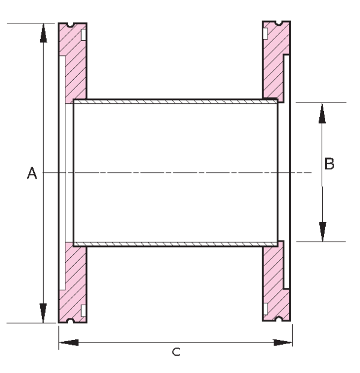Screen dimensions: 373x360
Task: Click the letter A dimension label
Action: click(32, 173)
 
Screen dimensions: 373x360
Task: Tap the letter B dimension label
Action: click(329, 163)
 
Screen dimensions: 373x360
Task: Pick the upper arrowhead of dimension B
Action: click(323, 112)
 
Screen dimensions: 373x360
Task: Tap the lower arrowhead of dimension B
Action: click(323, 231)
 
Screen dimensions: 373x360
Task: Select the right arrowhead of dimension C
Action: click(283, 342)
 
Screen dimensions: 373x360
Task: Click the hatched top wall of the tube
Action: click(174, 102)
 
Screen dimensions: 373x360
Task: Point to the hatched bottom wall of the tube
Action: click(174, 243)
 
